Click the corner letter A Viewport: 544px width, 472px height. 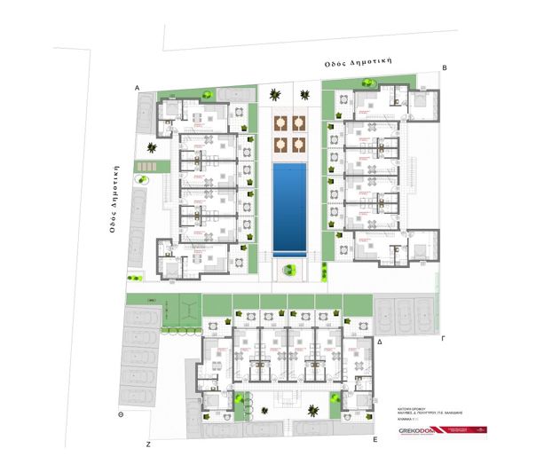pyautogui.click(x=138, y=88)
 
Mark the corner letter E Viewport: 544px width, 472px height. pyautogui.click(x=376, y=438)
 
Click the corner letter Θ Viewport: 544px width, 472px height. pyautogui.click(x=121, y=414)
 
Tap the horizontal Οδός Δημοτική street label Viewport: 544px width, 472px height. pyautogui.click(x=359, y=64)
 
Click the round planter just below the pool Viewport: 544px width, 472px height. pyautogui.click(x=287, y=270)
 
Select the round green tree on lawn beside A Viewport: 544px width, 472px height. pyautogui.click(x=206, y=93)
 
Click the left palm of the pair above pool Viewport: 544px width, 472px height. pyautogui.click(x=276, y=93)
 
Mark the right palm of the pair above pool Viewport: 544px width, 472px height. pyautogui.click(x=305, y=93)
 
